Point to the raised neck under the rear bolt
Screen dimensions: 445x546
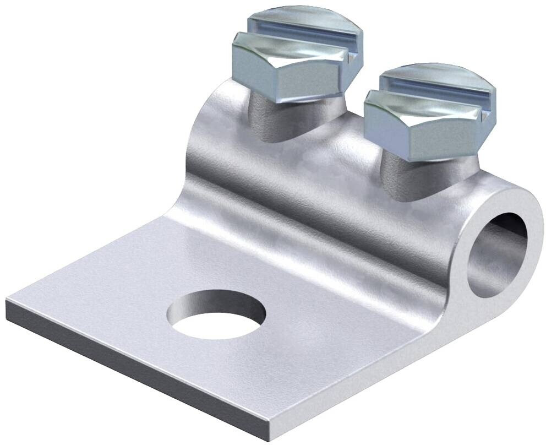click(x=270, y=118)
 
